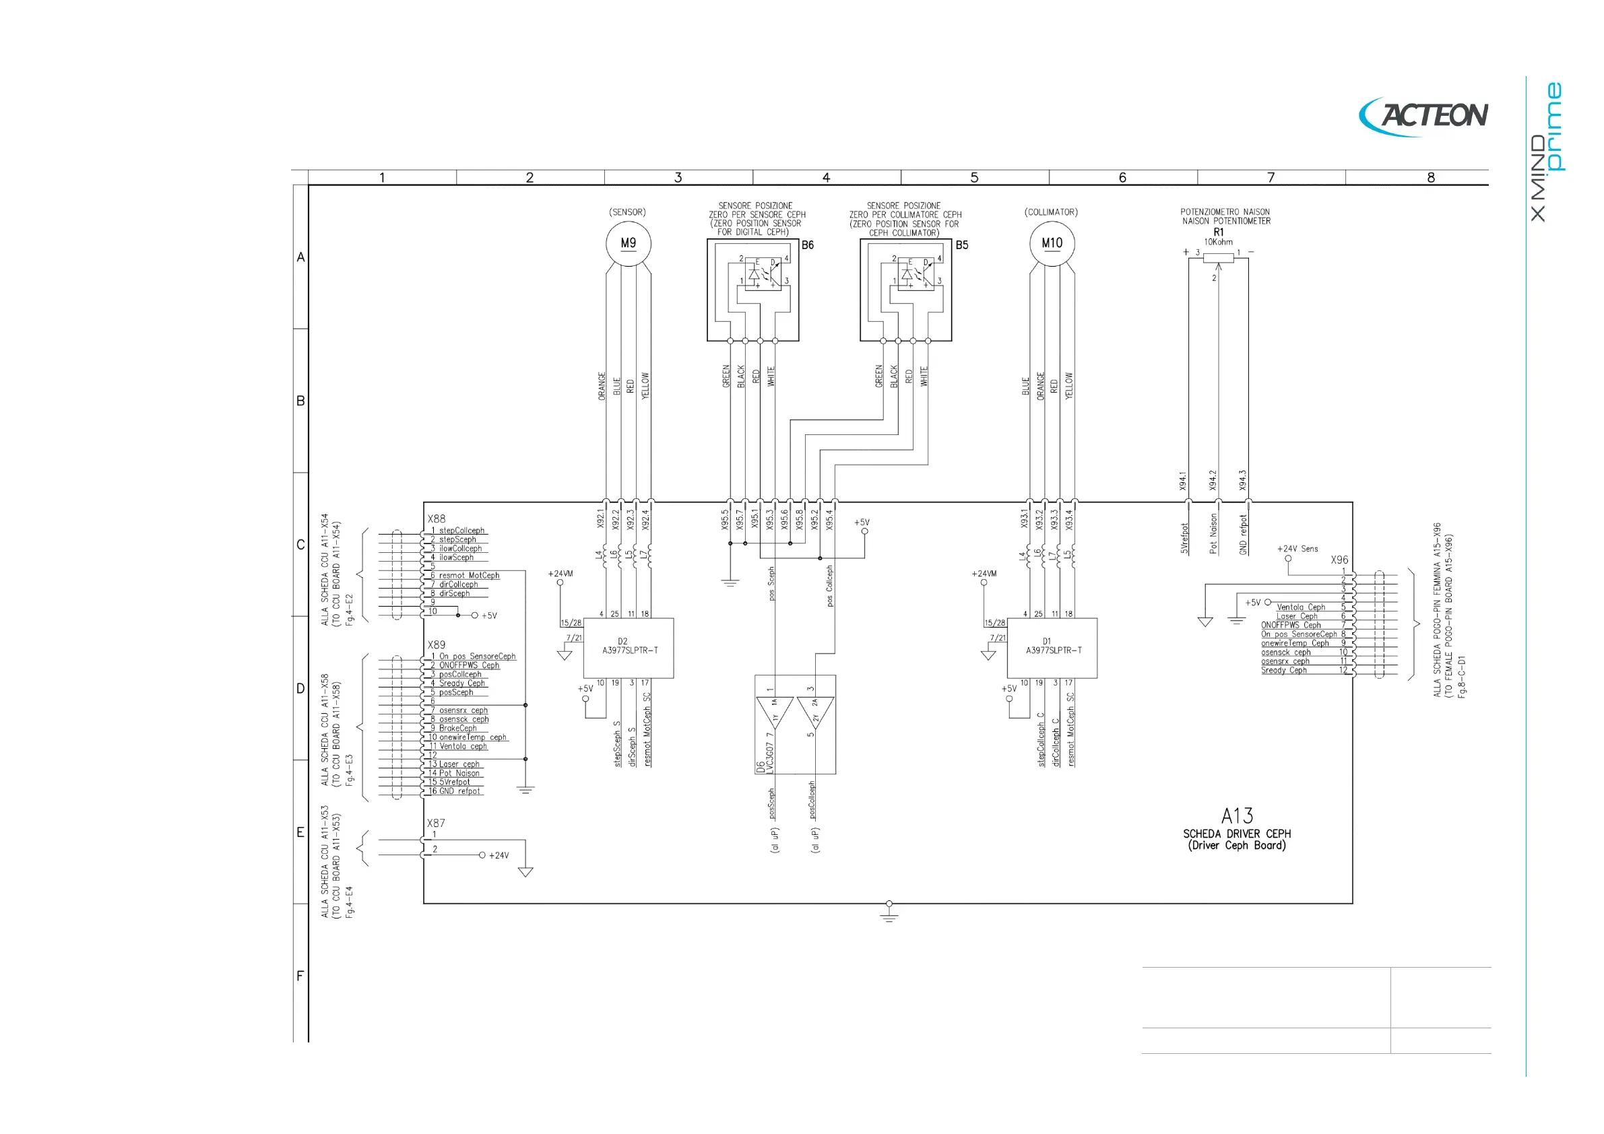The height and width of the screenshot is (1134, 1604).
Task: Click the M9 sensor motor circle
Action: pyautogui.click(x=628, y=244)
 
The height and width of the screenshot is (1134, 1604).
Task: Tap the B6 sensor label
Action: pyautogui.click(x=808, y=245)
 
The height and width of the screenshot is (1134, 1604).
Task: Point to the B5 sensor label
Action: pyautogui.click(x=962, y=245)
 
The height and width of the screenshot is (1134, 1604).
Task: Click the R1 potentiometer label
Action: pyautogui.click(x=1219, y=232)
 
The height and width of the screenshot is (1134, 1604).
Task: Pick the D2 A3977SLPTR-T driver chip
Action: pyautogui.click(x=629, y=647)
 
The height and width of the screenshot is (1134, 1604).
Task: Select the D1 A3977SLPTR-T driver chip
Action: pyautogui.click(x=1052, y=647)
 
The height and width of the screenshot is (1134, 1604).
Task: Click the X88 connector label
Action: pyautogui.click(x=437, y=519)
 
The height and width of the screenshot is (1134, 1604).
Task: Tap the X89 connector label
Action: pyautogui.click(x=437, y=644)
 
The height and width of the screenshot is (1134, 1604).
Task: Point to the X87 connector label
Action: pyautogui.click(x=436, y=824)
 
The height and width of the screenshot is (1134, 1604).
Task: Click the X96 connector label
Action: pyautogui.click(x=1339, y=560)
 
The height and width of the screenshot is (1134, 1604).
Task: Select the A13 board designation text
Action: pyautogui.click(x=1237, y=815)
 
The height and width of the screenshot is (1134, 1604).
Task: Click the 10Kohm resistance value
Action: pyautogui.click(x=1219, y=242)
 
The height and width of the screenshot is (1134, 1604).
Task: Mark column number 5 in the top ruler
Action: pyautogui.click(x=974, y=177)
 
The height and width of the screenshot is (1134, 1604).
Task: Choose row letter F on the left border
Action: pyautogui.click(x=300, y=976)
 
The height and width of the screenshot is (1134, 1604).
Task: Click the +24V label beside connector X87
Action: pyautogui.click(x=499, y=855)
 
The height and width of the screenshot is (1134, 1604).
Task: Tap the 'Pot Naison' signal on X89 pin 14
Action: pyautogui.click(x=459, y=773)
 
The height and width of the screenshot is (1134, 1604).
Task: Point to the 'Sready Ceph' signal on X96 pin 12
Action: pyautogui.click(x=1283, y=670)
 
